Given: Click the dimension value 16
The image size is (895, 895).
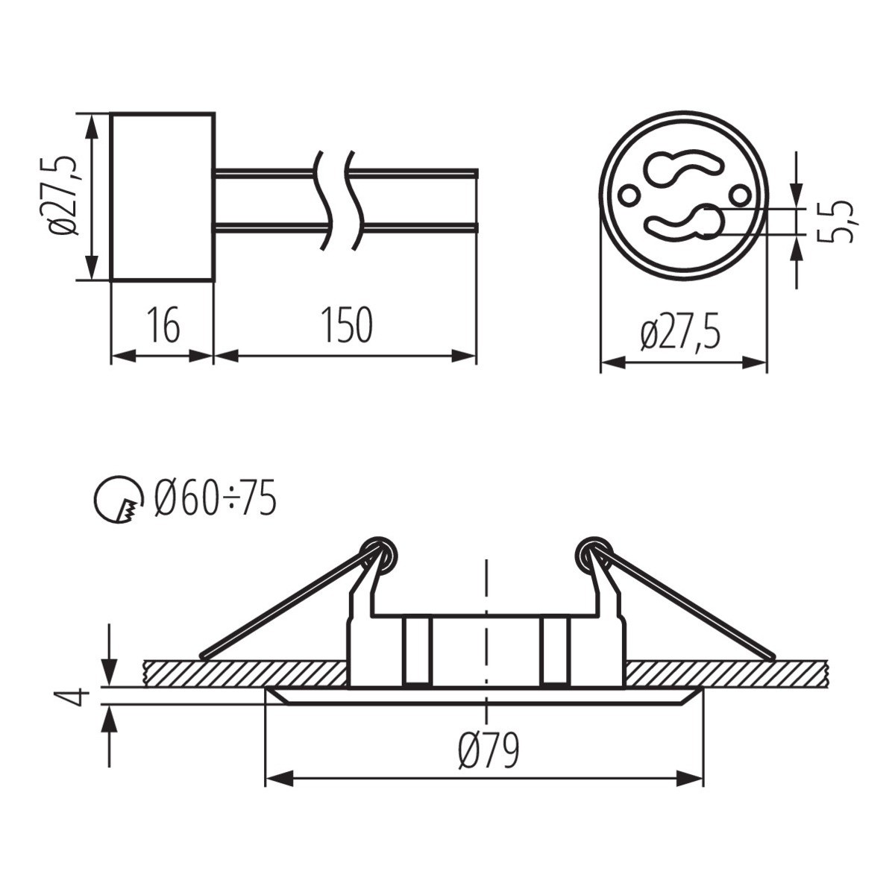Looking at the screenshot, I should click(163, 326).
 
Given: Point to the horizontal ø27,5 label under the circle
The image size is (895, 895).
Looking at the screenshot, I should click(682, 333).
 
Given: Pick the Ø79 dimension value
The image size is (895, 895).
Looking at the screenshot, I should click(489, 751).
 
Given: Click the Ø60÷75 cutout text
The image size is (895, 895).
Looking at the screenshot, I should click(216, 499).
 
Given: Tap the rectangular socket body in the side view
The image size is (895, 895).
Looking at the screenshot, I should click(163, 197).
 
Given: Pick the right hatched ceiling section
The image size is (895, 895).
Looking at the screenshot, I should click(727, 673).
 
